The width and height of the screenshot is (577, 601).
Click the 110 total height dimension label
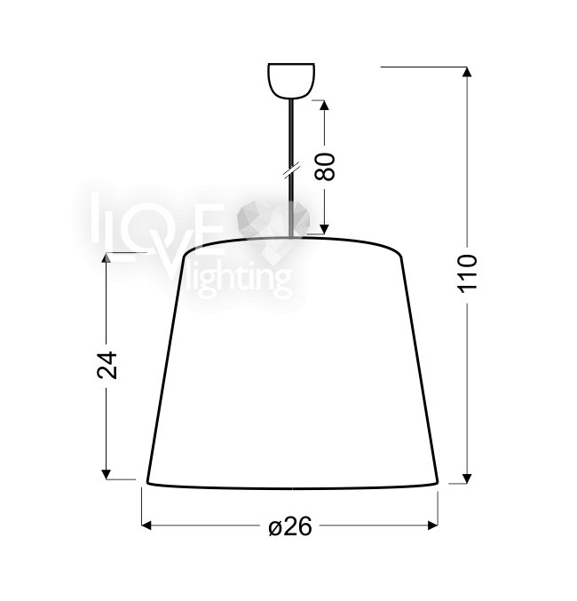467,273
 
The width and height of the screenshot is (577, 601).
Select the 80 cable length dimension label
324,167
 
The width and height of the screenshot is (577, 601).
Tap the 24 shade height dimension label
107,365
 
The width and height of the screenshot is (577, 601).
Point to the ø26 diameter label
290,526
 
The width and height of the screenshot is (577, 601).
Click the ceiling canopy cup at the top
291,81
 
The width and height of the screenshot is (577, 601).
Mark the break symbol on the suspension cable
292,170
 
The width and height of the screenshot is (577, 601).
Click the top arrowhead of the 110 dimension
467,72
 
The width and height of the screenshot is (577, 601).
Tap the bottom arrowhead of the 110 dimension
467,478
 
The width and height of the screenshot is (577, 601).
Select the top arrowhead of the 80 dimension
324,106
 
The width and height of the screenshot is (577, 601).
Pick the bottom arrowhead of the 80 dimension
324,229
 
